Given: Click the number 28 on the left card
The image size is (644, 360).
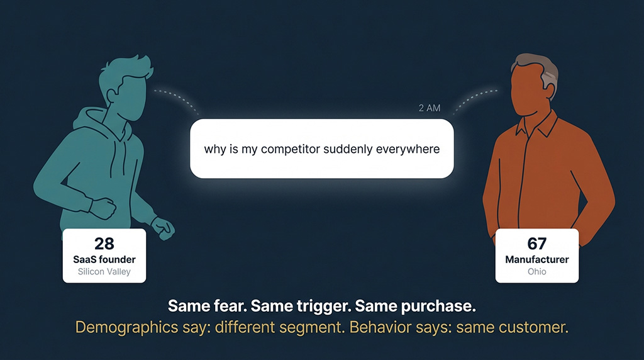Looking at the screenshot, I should click(104, 244).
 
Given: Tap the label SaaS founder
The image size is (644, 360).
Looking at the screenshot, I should click(104, 259).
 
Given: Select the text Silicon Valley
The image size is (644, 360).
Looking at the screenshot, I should click(104, 272).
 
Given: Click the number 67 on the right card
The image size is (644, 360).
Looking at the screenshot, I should click(537, 244).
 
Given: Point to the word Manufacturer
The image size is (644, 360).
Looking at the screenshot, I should click(537, 259).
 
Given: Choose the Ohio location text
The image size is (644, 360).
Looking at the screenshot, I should click(537, 272).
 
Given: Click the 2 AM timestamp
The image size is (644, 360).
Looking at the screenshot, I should click(430, 108).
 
